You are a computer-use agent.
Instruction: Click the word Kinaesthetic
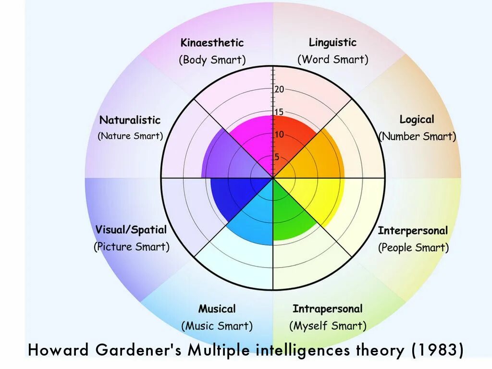pyautogui.click(x=212, y=43)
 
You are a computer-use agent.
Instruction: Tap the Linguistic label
pyautogui.click(x=332, y=42)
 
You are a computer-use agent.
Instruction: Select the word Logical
pyautogui.click(x=417, y=120)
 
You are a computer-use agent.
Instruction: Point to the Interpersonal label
pyautogui.click(x=413, y=231)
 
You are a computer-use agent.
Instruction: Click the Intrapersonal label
pyautogui.click(x=327, y=308)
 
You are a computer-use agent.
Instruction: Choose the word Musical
pyautogui.click(x=217, y=308)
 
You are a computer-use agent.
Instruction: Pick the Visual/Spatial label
pyautogui.click(x=131, y=230)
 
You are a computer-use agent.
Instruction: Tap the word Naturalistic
pyautogui.click(x=130, y=120)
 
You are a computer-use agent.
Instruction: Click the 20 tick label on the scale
pyautogui.click(x=280, y=89)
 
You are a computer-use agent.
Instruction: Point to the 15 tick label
pyautogui.click(x=279, y=112)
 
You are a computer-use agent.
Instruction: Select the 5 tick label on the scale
pyautogui.click(x=277, y=157)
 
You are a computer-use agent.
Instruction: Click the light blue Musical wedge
pyautogui.click(x=255, y=216)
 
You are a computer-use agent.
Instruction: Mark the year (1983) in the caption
pyautogui.click(x=437, y=350)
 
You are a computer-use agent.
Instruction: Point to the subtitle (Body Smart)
pyautogui.click(x=212, y=60)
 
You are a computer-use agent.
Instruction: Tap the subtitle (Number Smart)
pyautogui.click(x=417, y=136)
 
